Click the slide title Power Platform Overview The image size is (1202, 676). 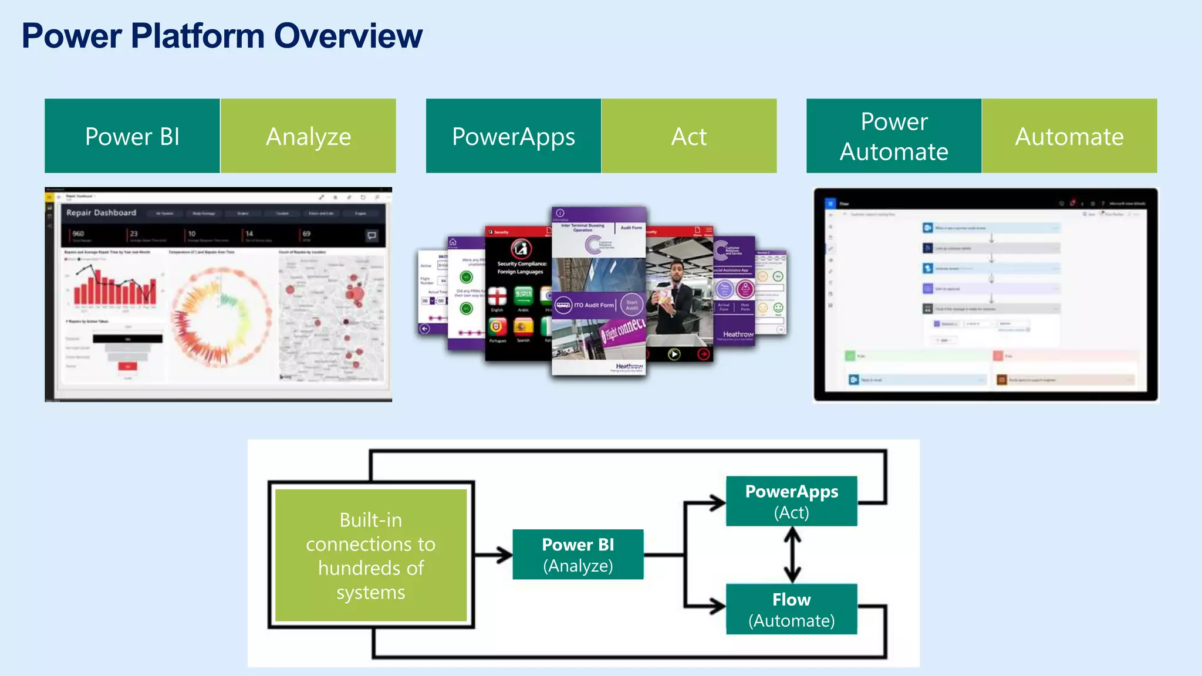pyautogui.click(x=222, y=36)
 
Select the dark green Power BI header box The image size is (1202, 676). pyautogui.click(x=132, y=136)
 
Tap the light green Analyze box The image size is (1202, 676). pyautogui.click(x=308, y=136)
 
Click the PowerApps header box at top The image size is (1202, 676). pyautogui.click(x=514, y=136)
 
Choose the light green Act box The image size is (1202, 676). pyautogui.click(x=689, y=136)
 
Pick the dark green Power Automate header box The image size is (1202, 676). pyautogui.click(x=894, y=136)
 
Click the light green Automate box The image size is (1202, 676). pyautogui.click(x=1069, y=136)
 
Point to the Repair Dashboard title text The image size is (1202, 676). pyautogui.click(x=101, y=212)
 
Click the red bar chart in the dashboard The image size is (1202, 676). pyautogui.click(x=114, y=288)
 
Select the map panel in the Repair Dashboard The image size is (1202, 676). pyautogui.click(x=332, y=317)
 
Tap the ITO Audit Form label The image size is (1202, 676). pyautogui.click(x=593, y=305)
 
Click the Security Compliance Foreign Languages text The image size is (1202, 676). pyautogui.click(x=521, y=268)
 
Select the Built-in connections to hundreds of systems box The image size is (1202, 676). pyautogui.click(x=371, y=555)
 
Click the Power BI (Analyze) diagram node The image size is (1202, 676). pyautogui.click(x=578, y=555)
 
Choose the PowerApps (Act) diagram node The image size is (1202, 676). pyautogui.click(x=791, y=501)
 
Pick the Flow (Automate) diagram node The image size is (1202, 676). pyautogui.click(x=791, y=609)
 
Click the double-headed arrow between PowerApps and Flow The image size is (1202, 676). pyautogui.click(x=792, y=555)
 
